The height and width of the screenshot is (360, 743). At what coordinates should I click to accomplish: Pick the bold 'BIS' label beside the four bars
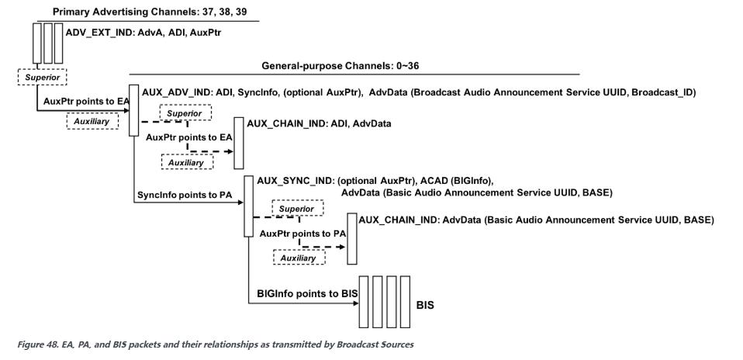[x=425, y=305]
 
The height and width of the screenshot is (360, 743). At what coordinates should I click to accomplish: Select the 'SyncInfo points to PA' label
[x=181, y=195]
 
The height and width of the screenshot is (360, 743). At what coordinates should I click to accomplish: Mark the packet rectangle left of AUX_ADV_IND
[x=133, y=111]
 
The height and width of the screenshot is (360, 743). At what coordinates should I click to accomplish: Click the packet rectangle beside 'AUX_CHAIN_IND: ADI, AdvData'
[x=239, y=143]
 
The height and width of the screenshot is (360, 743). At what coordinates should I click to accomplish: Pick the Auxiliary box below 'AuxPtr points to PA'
[x=298, y=258]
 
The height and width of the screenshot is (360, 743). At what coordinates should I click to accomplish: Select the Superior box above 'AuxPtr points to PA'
[x=298, y=209]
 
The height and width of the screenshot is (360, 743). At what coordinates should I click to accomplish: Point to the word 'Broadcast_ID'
[x=663, y=92]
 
